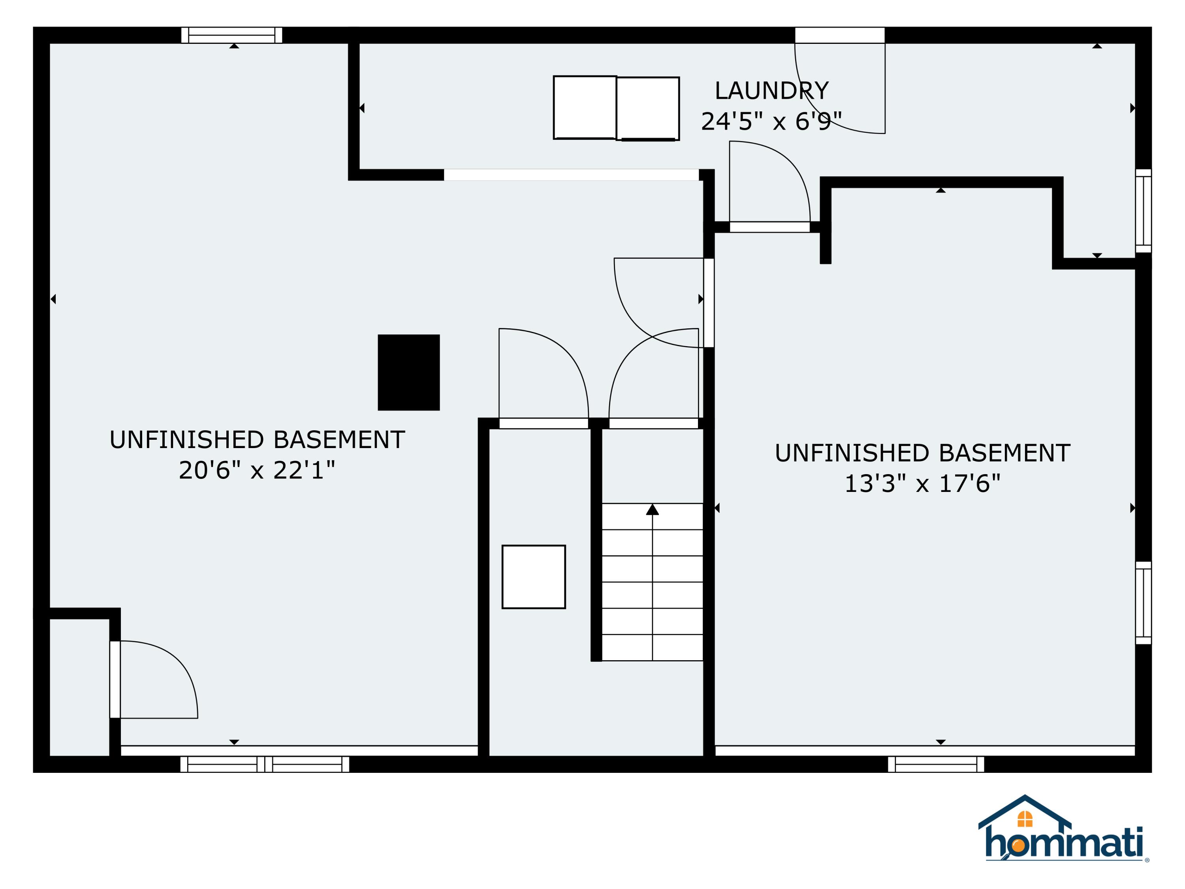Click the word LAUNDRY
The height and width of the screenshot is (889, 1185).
pos(771,90)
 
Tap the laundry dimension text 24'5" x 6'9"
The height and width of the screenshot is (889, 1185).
pos(771,121)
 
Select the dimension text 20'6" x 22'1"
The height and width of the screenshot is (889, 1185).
pos(257,470)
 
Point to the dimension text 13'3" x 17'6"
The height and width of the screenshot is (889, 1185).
pos(922,483)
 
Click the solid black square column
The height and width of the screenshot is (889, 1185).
pos(409,373)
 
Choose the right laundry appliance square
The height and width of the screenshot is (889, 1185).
pos(648,109)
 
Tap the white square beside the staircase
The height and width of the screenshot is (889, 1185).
pos(534,576)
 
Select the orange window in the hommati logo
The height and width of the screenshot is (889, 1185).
pos(1024,819)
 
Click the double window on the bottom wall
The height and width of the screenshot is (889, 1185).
pos(265,764)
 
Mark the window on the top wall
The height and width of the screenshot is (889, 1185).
pos(231,35)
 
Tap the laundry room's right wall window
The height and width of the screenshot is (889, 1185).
pos(1143,211)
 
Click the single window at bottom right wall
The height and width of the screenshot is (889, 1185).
pos(936,764)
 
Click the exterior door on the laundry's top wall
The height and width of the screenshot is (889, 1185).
pos(839,35)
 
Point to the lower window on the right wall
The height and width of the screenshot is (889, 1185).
pos(1143,603)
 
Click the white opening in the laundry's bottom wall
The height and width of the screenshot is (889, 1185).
pos(571,175)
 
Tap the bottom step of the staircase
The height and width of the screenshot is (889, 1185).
pos(652,647)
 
